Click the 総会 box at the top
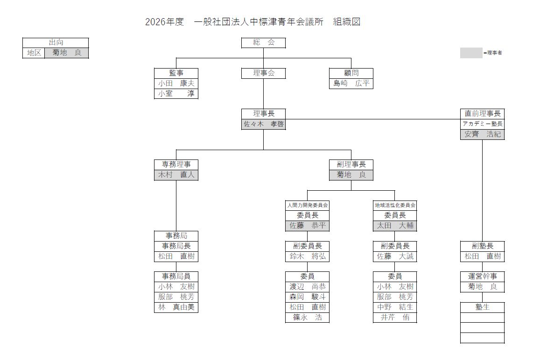(x=263, y=43)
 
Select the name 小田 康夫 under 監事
(x=176, y=83)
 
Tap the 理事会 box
(x=263, y=73)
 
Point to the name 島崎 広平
(x=351, y=83)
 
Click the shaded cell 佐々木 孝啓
(x=263, y=125)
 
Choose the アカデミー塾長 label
(x=482, y=124)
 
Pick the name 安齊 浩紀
(x=482, y=134)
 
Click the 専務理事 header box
(x=176, y=165)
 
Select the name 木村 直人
(x=176, y=175)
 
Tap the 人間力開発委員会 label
(x=307, y=205)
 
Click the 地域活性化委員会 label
(x=395, y=205)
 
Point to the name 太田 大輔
(x=395, y=226)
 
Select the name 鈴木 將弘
(x=307, y=256)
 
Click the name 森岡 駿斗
(x=307, y=297)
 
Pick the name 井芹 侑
(x=395, y=318)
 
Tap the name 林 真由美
(x=176, y=307)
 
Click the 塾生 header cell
(x=482, y=307)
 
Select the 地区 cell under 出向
(x=34, y=53)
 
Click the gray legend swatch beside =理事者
(x=471, y=53)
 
